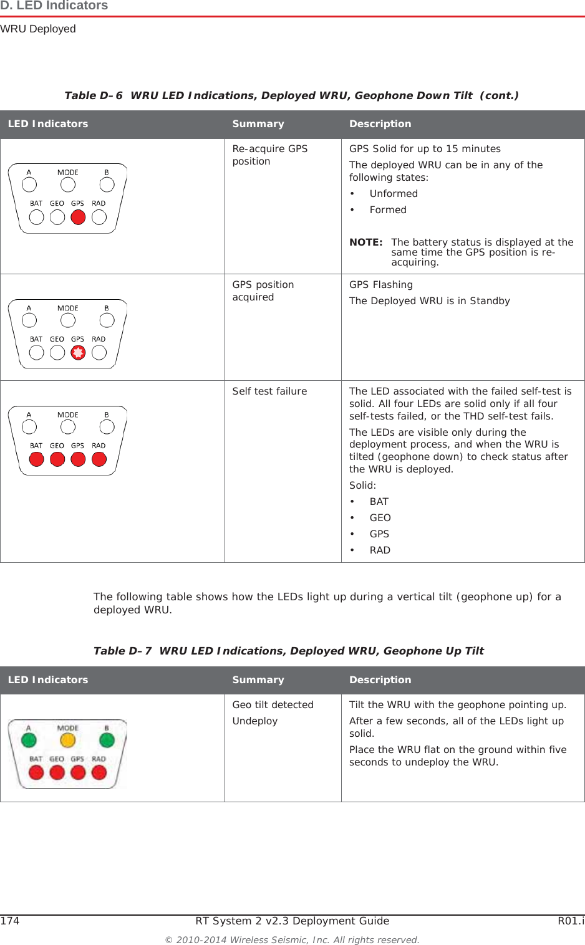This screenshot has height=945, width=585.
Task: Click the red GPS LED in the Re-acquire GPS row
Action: (78, 217)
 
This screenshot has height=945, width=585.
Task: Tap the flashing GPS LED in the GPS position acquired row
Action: (78, 353)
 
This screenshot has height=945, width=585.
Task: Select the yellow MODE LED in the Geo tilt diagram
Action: (67, 740)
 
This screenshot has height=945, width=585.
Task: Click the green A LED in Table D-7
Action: (29, 740)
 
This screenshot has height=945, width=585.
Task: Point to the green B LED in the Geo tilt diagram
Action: (107, 740)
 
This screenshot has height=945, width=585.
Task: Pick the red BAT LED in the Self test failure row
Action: (37, 459)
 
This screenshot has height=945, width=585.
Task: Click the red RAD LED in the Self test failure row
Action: (99, 459)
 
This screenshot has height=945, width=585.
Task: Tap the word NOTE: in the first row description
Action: (365, 242)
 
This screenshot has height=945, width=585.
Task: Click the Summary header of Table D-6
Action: (258, 124)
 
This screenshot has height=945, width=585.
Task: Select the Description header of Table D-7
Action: (380, 680)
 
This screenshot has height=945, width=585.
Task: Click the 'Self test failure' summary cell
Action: (269, 391)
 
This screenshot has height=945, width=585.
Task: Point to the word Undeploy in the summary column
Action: (254, 721)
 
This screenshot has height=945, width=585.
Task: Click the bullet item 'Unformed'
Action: (394, 194)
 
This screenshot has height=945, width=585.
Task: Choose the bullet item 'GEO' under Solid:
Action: (380, 518)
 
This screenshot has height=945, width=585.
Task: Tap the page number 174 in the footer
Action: (10, 921)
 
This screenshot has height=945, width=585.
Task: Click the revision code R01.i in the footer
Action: (571, 921)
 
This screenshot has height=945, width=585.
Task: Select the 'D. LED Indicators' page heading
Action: (54, 6)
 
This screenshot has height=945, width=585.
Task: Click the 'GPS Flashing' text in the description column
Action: (380, 285)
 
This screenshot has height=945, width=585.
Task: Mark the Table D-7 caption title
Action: (288, 651)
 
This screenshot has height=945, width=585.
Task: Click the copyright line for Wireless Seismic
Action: (292, 940)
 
